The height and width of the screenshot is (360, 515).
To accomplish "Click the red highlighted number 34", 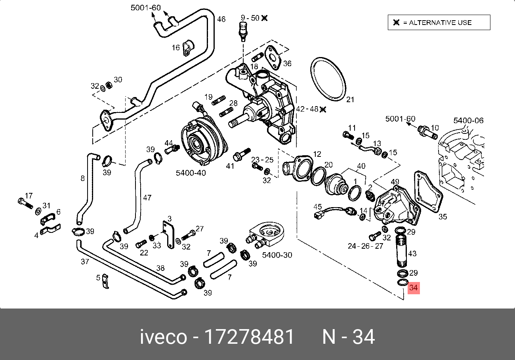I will pos(413,288).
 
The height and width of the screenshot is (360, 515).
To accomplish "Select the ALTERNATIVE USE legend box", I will pos(439,23).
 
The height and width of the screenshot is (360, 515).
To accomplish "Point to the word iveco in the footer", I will pos(163,337).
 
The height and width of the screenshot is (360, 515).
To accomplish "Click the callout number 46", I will pos(221,19).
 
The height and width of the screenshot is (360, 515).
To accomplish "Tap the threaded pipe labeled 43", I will pos(401,251).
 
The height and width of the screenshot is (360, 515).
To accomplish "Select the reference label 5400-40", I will pos(191,173).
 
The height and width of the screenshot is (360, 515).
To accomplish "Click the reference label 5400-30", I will pos(277,255).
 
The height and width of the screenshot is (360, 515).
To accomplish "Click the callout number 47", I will pos(147,197).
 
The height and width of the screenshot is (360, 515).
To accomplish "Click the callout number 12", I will pos(317,154).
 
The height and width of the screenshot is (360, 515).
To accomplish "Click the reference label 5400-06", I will pos(468,120).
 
